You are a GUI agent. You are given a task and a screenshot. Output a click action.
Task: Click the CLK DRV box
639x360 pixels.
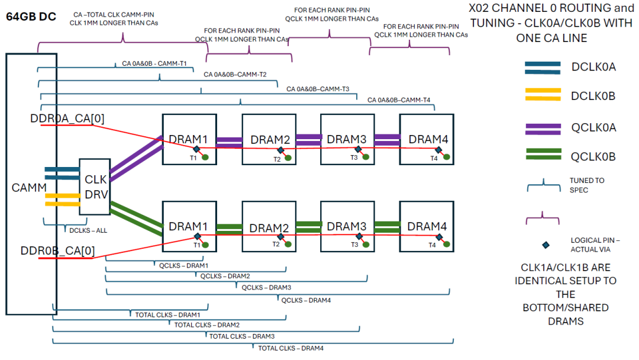(x=95, y=187)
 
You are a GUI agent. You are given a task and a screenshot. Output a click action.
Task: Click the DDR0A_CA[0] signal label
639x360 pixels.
(x=67, y=118)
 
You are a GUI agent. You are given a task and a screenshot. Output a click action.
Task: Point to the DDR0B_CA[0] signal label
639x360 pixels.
(x=57, y=250)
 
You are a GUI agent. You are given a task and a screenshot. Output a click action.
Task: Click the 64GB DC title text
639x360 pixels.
(x=31, y=17)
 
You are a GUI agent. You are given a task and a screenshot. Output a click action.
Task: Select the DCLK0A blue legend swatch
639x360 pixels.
(x=542, y=67)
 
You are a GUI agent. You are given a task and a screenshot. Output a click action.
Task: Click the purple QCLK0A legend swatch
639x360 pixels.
(x=542, y=127)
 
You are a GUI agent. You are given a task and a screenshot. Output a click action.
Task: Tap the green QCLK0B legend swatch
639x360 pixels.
(x=542, y=155)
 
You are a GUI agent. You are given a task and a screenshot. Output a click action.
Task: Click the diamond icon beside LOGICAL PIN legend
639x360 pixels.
(x=543, y=245)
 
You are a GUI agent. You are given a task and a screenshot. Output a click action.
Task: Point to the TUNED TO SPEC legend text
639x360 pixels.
(x=587, y=185)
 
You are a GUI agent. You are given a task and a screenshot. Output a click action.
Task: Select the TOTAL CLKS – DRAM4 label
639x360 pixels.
(x=291, y=348)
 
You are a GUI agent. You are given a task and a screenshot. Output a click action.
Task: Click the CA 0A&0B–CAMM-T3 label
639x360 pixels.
(x=318, y=89)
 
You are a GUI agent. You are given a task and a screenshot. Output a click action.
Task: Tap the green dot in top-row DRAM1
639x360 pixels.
(x=205, y=157)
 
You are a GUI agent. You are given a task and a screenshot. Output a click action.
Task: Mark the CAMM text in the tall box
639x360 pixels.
(x=29, y=188)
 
